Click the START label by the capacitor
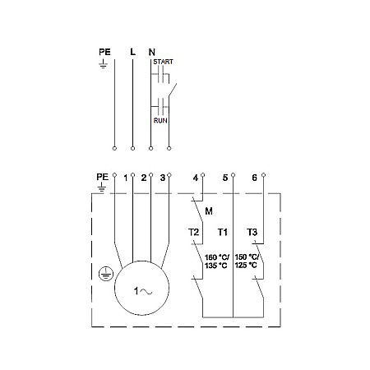coord(163,61)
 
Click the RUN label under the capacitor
coord(161,119)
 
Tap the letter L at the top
coord(132,52)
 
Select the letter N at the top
coord(151,52)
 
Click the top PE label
coord(104,52)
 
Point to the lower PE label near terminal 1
coord(102,177)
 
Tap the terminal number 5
coord(224,178)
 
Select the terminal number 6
coord(255,178)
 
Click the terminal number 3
coord(163,178)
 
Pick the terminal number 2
coord(144,178)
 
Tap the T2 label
coord(194,234)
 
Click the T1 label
coord(223,234)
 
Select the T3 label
coord(253,234)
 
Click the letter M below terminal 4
coord(209,210)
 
